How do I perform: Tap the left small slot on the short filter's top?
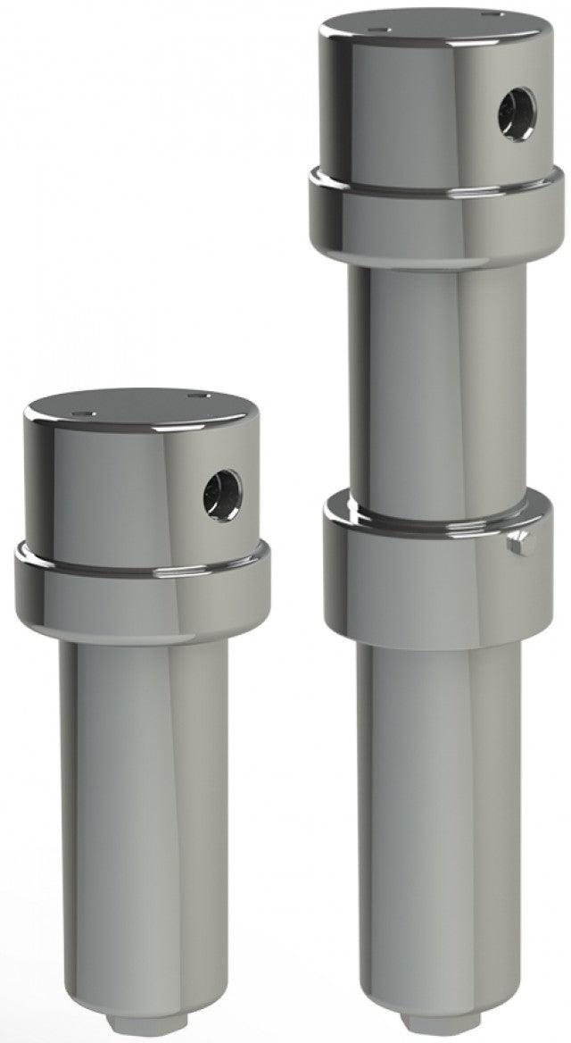click(85, 413)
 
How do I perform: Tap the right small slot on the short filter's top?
click(197, 394)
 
